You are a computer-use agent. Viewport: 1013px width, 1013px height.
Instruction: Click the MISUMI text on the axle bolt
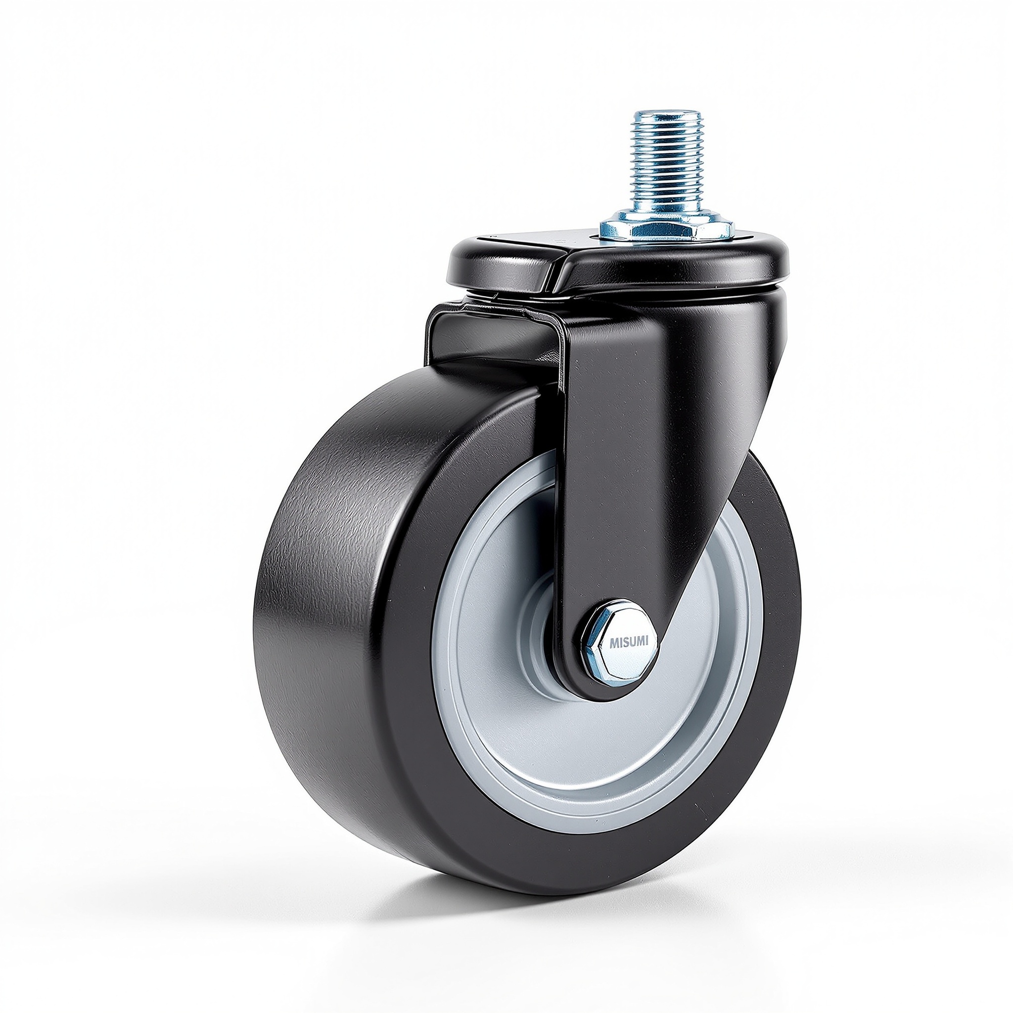click(629, 641)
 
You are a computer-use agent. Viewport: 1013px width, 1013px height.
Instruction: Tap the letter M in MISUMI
click(613, 642)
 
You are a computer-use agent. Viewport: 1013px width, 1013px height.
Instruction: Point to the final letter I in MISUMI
click(647, 641)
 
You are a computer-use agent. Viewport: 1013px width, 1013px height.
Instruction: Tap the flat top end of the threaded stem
click(666, 113)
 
